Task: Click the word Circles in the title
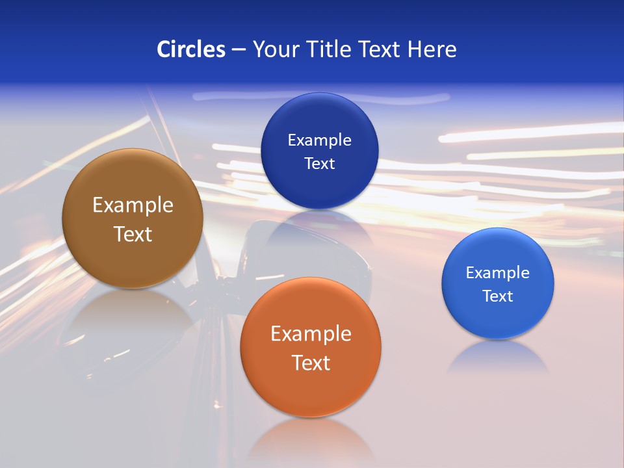coord(190,49)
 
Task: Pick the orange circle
coord(310,390)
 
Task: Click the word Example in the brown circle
coord(133,205)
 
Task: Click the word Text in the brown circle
coord(133,234)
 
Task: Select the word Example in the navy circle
coord(319,140)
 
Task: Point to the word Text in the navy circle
coord(319,164)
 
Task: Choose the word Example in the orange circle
coord(311,334)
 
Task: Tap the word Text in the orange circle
coord(311,363)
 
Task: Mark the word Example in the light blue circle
coord(497,273)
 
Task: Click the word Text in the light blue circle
coord(497,296)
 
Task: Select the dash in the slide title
coord(239,50)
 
